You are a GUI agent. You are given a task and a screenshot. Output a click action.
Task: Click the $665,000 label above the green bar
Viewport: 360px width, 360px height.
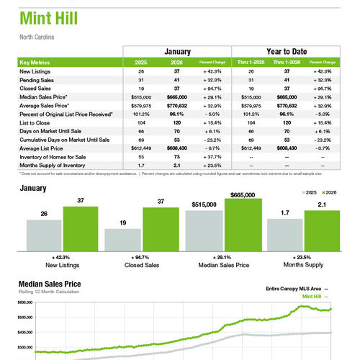[x=243, y=195]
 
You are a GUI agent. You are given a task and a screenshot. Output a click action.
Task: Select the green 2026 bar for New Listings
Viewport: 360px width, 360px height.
[x=80, y=228]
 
